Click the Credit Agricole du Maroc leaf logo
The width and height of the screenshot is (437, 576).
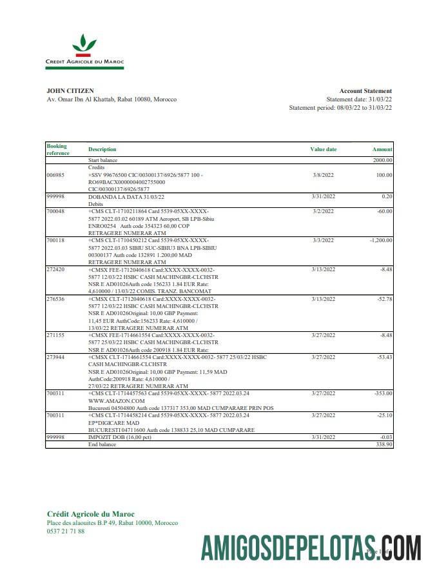[84, 46]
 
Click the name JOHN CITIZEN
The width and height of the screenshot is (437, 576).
[70, 91]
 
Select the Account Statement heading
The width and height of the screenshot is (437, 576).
[365, 91]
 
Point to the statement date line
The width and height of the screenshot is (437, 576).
[359, 99]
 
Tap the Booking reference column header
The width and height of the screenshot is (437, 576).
[57, 149]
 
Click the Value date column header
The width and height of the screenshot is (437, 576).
[323, 149]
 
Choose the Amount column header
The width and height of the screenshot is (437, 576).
[382, 149]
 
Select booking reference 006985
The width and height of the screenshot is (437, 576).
[55, 175]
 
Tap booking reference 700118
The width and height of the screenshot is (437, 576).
[55, 240]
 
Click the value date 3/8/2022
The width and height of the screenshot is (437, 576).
[323, 175]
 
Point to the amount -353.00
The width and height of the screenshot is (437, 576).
[382, 393]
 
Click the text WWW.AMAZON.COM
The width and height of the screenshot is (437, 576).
[116, 401]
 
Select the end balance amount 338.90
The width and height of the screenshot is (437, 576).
[383, 445]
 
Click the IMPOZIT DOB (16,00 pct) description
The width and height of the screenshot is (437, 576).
[125, 438]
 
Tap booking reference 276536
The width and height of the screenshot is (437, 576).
[55, 299]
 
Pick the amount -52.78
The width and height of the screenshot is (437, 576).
[384, 299]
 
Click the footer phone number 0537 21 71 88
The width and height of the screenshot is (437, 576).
[66, 531]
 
